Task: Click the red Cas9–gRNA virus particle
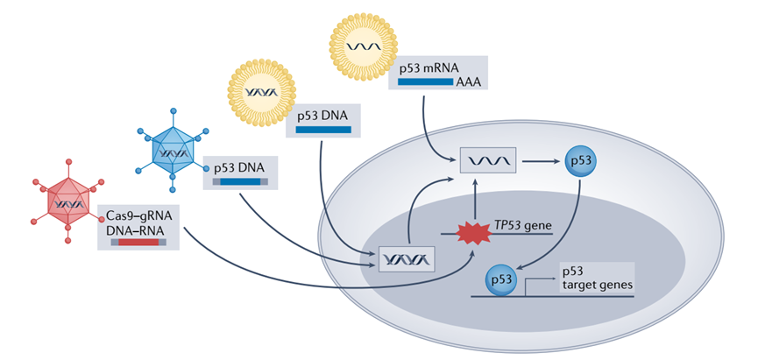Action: click(x=67, y=203)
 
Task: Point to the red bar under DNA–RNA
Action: click(x=138, y=241)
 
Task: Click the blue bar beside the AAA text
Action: click(x=425, y=81)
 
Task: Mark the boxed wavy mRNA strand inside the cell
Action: click(x=488, y=161)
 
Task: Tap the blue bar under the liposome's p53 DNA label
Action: click(x=322, y=130)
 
